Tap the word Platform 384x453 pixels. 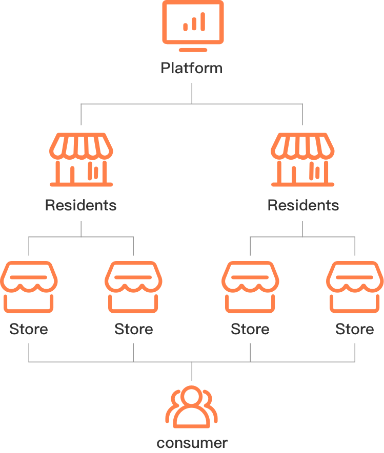coord(192,69)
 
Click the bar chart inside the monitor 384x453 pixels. coord(194,22)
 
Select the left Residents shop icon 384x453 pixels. coord(81,160)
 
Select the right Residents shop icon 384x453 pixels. coord(302,160)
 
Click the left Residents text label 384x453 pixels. coord(80,205)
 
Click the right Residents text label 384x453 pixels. coord(303,205)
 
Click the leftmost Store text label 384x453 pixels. coord(29,329)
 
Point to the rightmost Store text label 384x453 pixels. coord(355,329)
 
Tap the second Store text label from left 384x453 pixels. coord(134,329)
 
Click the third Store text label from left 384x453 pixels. coord(250,329)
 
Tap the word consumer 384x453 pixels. coord(192,443)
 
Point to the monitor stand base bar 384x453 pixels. coord(193,50)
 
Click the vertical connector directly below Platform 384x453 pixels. coord(192,93)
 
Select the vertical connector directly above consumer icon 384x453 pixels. coord(192,371)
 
